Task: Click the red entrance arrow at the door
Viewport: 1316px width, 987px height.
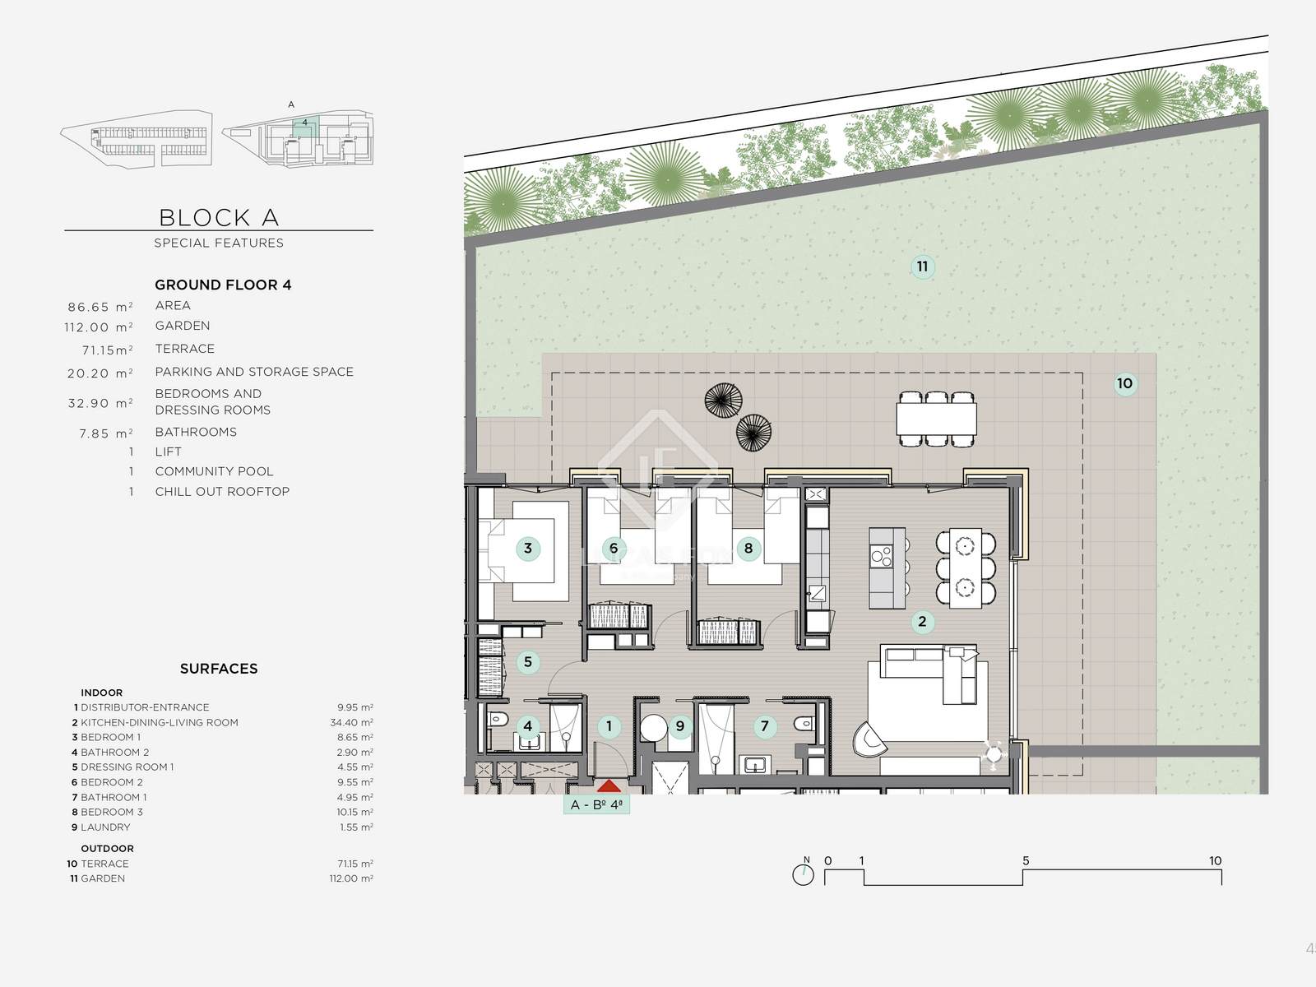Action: click(x=609, y=785)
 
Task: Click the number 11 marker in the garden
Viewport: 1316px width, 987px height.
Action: click(x=922, y=266)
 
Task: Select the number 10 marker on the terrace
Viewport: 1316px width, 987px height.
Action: click(x=1124, y=383)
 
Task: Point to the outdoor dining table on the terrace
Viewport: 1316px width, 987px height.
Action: click(x=936, y=419)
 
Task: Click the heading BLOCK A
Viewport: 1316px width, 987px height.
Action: click(x=219, y=217)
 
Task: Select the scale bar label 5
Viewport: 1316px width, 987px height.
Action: click(x=1026, y=860)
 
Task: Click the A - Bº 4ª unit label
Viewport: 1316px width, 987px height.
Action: click(x=596, y=805)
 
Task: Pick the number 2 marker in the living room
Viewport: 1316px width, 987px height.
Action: click(x=922, y=622)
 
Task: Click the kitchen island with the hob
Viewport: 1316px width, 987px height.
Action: click(x=887, y=568)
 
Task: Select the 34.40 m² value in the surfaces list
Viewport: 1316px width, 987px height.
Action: click(x=351, y=723)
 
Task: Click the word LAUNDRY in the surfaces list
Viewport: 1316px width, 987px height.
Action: click(x=105, y=827)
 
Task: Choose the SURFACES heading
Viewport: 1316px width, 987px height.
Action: click(x=219, y=669)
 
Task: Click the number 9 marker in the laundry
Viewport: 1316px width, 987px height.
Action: click(x=680, y=726)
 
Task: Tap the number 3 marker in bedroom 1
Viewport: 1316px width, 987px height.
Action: click(x=527, y=549)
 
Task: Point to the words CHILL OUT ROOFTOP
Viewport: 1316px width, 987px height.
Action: click(x=222, y=491)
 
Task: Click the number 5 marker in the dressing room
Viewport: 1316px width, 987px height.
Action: click(x=527, y=661)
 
